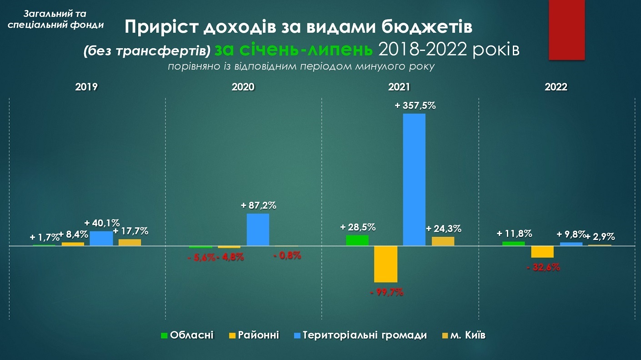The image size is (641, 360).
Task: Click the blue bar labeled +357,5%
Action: click(x=414, y=180)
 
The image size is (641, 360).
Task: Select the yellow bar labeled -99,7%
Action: click(x=386, y=264)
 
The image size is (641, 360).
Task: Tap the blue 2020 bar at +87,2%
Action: click(x=258, y=230)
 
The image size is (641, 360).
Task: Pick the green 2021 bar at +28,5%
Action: click(x=357, y=240)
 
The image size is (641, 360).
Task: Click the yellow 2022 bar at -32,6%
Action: click(x=542, y=252)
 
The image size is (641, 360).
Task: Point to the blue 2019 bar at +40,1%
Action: click(x=101, y=239)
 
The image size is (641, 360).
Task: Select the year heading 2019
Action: click(x=86, y=87)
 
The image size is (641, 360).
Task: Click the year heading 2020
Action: click(x=243, y=87)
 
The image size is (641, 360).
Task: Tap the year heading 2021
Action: click(x=400, y=87)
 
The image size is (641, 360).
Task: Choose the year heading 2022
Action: click(x=556, y=87)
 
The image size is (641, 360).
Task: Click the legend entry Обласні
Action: click(x=187, y=335)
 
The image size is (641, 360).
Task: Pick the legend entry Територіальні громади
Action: click(x=360, y=335)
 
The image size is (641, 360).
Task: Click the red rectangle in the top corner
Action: click(x=566, y=30)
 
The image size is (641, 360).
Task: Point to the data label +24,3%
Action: click(x=444, y=229)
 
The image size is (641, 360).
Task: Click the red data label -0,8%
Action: click(x=287, y=255)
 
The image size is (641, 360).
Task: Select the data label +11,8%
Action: click(x=514, y=234)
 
